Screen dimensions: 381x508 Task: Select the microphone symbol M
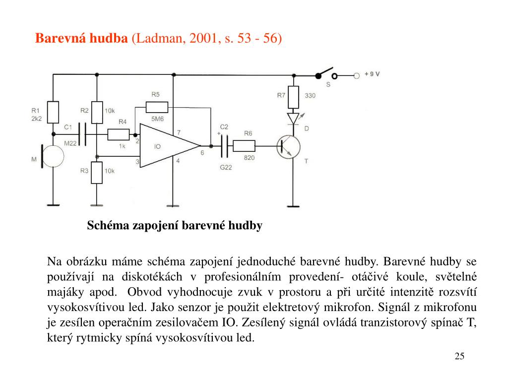tap(53, 156)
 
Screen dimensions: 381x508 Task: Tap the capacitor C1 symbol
tap(83, 134)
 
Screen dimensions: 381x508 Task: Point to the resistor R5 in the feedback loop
tap(157, 106)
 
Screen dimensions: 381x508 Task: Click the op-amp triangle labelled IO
tap(166, 146)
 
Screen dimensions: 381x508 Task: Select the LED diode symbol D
tap(293, 119)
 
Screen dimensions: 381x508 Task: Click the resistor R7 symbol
tap(293, 96)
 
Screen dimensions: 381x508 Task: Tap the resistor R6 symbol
tap(244, 146)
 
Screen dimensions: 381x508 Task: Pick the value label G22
tap(226, 168)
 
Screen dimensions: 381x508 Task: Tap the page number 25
tap(459, 356)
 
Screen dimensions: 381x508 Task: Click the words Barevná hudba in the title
tap(81, 38)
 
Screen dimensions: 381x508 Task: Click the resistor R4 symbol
tap(119, 134)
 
